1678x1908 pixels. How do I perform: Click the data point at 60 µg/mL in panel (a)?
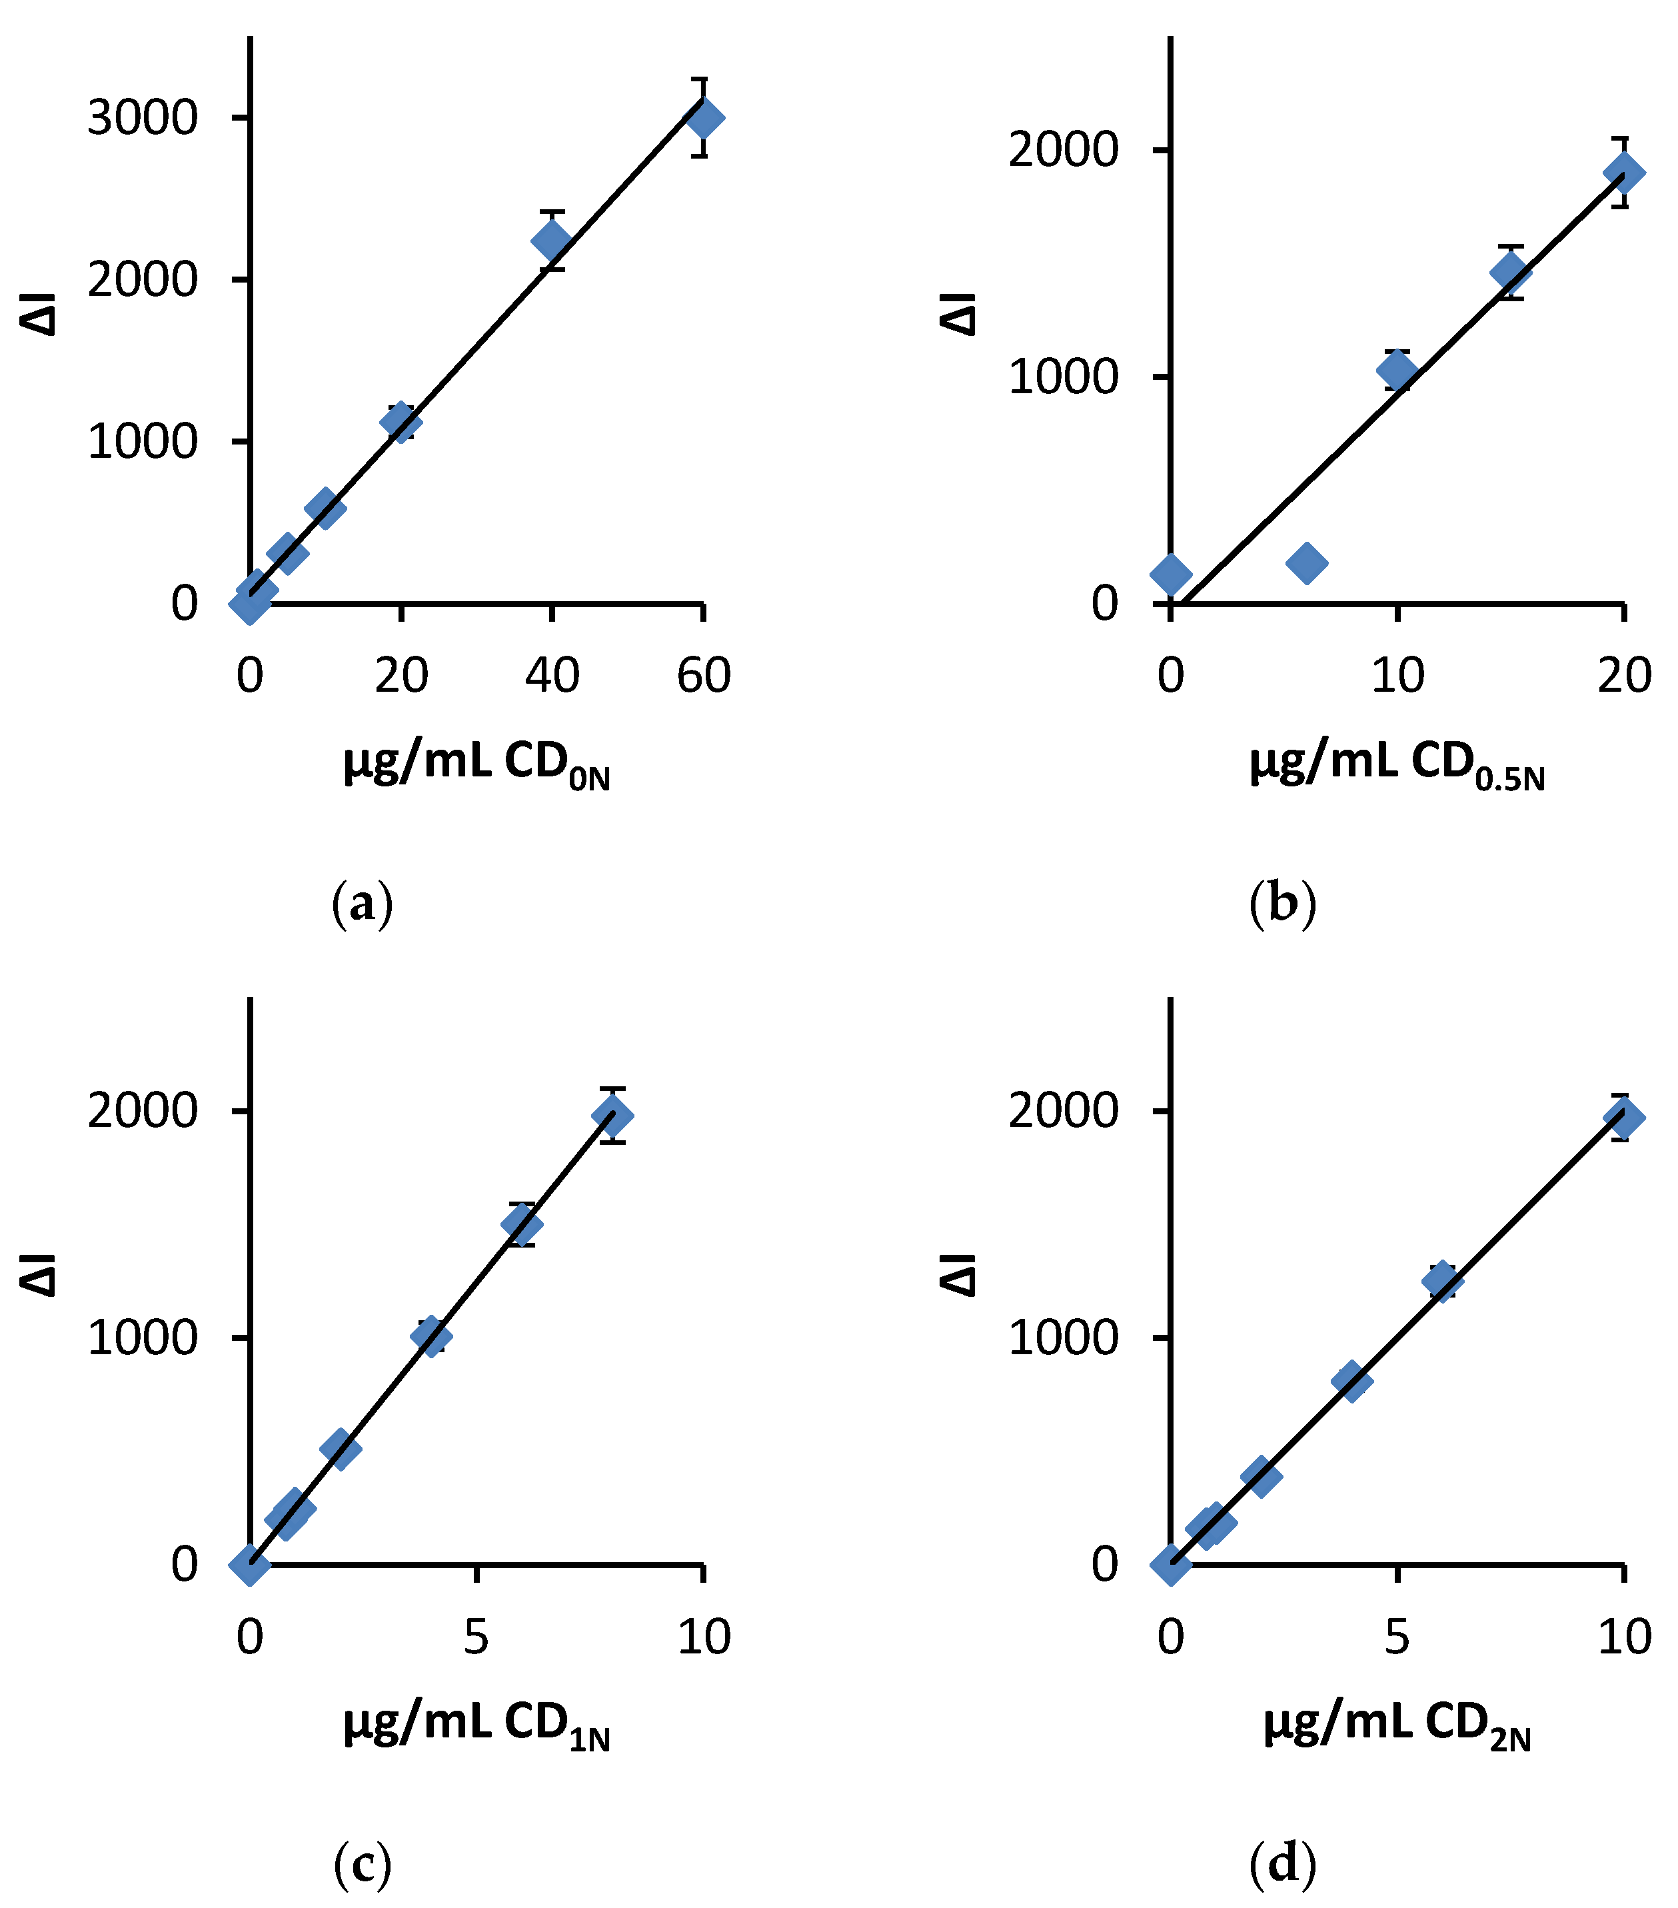pos(703,119)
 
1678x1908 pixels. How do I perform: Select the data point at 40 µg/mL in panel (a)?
pos(552,241)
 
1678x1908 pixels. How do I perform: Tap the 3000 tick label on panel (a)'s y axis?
pos(143,119)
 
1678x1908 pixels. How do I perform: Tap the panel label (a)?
pos(362,904)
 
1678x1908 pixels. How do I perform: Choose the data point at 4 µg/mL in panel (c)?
pos(431,1336)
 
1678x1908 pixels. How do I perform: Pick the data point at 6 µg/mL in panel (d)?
pos(1443,1280)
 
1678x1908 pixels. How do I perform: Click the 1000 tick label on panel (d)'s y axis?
pos(1063,1338)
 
